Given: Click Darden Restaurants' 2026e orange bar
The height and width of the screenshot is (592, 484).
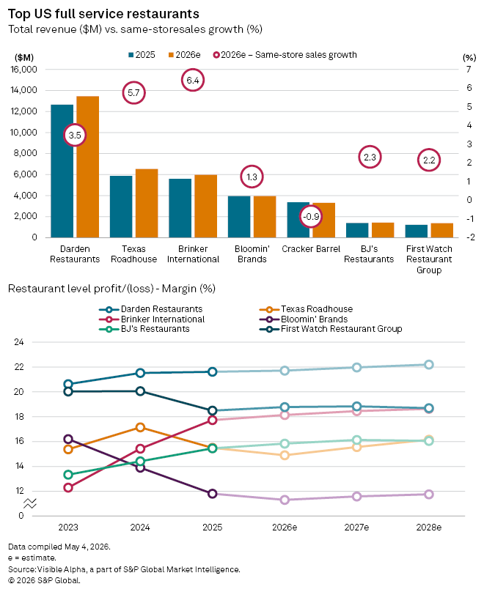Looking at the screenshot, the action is (88, 167).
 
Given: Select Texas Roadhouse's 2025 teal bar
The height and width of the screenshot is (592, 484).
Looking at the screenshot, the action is (121, 207).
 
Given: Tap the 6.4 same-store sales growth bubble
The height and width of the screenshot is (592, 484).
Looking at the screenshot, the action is (193, 80).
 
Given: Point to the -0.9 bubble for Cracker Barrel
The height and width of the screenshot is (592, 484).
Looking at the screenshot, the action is (311, 217).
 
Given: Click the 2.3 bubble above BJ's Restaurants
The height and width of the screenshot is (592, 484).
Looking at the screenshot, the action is (370, 157).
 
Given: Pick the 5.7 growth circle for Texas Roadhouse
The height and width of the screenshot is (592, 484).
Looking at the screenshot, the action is (133, 93).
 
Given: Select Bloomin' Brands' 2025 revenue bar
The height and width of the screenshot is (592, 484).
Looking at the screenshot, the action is (239, 217).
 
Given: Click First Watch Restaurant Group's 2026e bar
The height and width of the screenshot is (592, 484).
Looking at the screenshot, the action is (441, 230).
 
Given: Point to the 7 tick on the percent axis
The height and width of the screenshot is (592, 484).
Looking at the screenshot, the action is (469, 69).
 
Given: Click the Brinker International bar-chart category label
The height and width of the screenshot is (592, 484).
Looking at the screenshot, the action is (193, 254).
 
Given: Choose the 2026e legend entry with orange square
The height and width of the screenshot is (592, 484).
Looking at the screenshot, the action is (184, 55).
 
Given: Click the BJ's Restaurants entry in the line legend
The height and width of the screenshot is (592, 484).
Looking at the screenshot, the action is (144, 329).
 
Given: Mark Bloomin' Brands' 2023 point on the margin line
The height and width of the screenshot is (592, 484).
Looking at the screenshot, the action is (68, 439).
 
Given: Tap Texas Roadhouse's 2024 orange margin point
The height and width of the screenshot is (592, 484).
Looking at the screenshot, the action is (140, 427).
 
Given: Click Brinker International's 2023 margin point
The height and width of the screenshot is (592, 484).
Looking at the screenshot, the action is (68, 488).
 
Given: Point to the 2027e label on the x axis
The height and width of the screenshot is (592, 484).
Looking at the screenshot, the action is (356, 528).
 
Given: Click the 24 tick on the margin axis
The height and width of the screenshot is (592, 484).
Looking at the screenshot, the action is (19, 342).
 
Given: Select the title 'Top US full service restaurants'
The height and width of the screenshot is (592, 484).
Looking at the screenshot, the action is (103, 14).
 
